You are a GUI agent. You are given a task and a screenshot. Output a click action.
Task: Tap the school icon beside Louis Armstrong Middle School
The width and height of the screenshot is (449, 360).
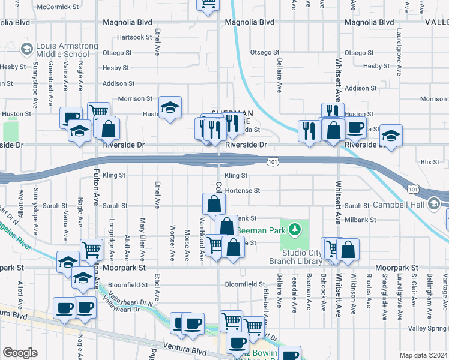(26, 48)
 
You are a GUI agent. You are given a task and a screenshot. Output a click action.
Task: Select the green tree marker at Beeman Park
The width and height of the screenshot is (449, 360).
(294, 229)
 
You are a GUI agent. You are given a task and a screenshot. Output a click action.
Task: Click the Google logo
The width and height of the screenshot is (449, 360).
(20, 352)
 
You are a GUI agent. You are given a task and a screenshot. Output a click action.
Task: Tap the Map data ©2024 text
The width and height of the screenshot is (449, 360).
(424, 355)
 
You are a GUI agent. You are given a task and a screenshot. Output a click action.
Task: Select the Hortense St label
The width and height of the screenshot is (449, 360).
(242, 191)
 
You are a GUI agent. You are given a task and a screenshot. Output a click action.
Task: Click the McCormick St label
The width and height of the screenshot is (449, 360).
(58, 7)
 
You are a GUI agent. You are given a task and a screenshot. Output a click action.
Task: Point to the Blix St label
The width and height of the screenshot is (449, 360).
(430, 162)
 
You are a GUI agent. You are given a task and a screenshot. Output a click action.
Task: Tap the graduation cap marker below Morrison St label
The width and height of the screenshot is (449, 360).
(170, 108)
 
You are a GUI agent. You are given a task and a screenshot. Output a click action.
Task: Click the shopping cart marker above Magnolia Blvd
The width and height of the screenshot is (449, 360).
(208, 5)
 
